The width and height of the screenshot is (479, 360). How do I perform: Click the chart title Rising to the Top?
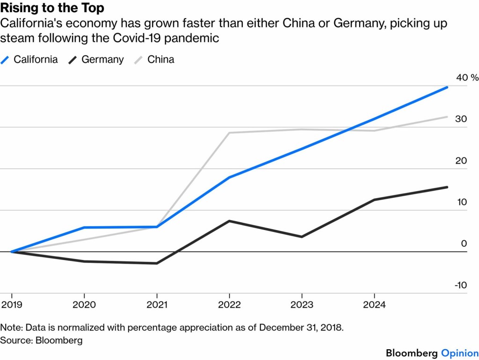(x=52, y=8)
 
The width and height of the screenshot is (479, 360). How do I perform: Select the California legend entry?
(x=36, y=59)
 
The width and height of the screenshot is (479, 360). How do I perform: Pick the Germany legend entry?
(x=102, y=59)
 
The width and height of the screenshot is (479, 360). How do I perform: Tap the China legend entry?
(x=160, y=59)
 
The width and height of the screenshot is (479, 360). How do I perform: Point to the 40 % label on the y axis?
(x=467, y=78)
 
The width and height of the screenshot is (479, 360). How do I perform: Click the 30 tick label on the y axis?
(x=461, y=119)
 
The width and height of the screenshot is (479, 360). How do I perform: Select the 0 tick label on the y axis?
(x=464, y=244)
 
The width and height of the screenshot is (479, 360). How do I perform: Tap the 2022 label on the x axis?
(x=229, y=305)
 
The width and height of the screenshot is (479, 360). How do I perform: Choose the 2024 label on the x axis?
(x=374, y=305)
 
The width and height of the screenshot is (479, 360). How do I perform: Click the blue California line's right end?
(x=447, y=87)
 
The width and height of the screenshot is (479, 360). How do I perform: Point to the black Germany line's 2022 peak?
(x=229, y=221)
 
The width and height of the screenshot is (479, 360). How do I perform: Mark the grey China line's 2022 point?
(x=229, y=133)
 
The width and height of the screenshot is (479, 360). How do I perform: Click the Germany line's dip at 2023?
(x=302, y=237)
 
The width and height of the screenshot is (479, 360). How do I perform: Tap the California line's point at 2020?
(x=84, y=228)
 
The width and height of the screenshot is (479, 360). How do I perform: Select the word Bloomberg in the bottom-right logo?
(x=412, y=353)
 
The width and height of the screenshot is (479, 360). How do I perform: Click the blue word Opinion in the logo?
(x=459, y=353)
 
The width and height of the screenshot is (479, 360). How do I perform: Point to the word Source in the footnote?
(x=16, y=340)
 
